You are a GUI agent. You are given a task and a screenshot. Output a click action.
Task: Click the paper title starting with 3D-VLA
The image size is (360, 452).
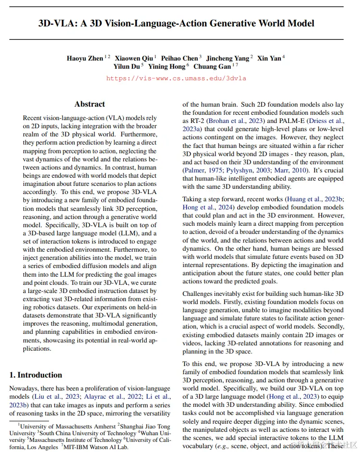tap(176, 23)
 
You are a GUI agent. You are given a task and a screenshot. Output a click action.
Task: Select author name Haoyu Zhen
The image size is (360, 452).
tap(85, 58)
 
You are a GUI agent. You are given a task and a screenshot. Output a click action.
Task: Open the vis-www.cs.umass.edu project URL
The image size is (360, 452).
tap(176, 78)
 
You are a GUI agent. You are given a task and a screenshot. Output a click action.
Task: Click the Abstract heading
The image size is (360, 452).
tap(90, 104)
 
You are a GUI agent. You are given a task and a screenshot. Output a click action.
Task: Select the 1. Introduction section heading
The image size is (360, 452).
tap(36, 375)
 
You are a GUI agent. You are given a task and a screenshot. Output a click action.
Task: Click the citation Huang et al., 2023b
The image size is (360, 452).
tap(314, 199)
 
